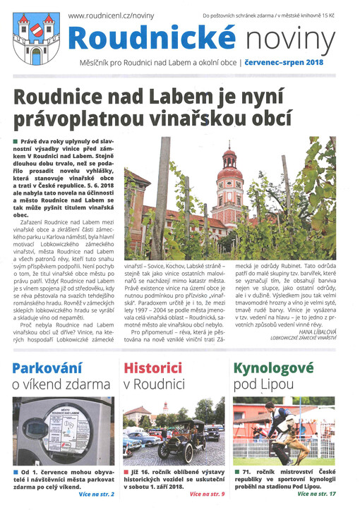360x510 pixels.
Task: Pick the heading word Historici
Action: pyautogui.click(x=152, y=368)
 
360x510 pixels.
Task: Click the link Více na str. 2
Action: pyautogui.click(x=95, y=494)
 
